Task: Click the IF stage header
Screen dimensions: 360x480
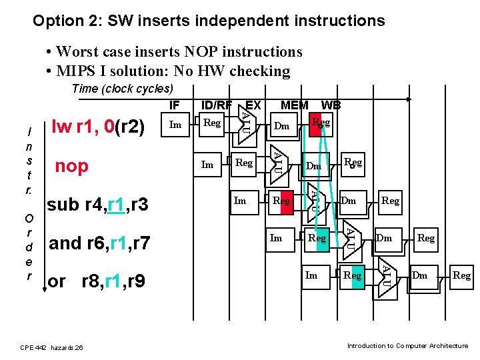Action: click(174, 105)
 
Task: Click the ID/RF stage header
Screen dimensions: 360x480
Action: click(217, 105)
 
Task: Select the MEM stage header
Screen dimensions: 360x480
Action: click(294, 105)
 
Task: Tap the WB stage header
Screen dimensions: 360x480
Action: click(331, 105)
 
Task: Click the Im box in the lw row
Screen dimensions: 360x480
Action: click(175, 124)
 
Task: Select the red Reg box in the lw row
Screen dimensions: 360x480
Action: click(320, 124)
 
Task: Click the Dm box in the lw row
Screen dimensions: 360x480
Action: click(282, 126)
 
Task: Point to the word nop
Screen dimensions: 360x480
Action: click(71, 166)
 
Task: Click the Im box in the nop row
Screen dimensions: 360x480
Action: click(207, 163)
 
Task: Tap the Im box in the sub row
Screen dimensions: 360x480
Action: click(240, 201)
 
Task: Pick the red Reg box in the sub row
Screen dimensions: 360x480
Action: click(282, 201)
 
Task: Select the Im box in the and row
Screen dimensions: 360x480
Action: click(276, 238)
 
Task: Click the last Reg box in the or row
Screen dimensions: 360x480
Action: click(461, 275)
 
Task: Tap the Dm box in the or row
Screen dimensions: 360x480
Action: click(420, 275)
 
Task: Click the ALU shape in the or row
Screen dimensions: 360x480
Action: click(385, 274)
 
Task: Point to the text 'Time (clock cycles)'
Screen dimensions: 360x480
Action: click(122, 89)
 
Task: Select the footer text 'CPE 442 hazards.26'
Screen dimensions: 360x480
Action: click(52, 347)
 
